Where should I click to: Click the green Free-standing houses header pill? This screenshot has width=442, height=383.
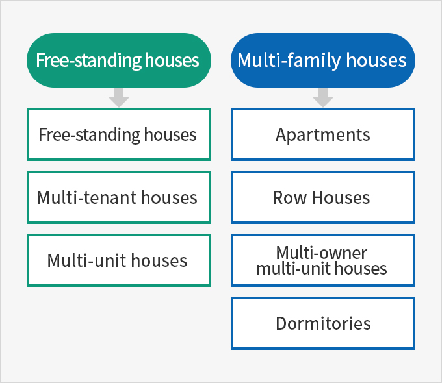(x=119, y=60)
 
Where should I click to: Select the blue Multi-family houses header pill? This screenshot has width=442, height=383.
(x=323, y=60)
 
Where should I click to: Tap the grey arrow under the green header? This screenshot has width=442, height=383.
(x=119, y=97)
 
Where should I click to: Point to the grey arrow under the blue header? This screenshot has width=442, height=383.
(x=323, y=97)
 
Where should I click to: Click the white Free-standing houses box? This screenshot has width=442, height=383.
(x=119, y=134)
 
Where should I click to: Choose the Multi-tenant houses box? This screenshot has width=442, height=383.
(x=119, y=197)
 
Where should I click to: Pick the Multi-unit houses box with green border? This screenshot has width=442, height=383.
(x=119, y=260)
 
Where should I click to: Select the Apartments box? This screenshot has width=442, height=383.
(x=323, y=134)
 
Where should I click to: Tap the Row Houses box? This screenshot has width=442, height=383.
(x=323, y=197)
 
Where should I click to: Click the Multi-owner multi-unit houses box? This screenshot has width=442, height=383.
(x=323, y=260)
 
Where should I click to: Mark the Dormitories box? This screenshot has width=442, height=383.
(x=323, y=323)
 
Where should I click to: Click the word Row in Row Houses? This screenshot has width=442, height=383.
(x=289, y=198)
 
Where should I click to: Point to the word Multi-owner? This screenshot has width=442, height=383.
(x=322, y=253)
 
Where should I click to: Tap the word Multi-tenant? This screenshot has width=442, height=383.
(x=87, y=197)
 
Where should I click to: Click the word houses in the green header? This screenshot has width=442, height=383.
(x=172, y=60)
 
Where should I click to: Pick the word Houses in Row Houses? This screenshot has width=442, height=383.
(x=341, y=198)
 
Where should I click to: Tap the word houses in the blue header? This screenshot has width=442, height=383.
(x=376, y=60)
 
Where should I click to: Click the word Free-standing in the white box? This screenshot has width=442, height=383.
(x=89, y=135)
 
